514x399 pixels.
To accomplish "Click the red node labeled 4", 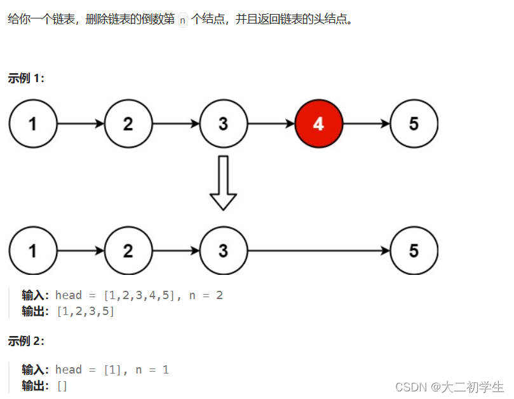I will click(319, 123).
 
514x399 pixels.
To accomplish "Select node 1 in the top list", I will click(33, 123).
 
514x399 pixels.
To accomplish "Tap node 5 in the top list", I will click(414, 123).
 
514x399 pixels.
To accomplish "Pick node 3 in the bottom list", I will click(224, 251).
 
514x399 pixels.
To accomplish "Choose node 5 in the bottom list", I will click(414, 251).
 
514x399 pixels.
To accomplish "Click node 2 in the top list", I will click(128, 123).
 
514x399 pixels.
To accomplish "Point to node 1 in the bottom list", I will click(33, 251).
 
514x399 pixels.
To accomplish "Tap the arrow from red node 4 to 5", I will click(367, 123).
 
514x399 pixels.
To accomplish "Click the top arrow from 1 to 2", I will click(81, 123).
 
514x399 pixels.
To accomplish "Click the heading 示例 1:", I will click(26, 78).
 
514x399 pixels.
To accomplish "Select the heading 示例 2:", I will click(26, 340).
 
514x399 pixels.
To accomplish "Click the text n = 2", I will click(206, 295).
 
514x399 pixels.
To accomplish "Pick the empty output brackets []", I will click(62, 386).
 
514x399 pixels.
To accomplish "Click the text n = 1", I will click(152, 370).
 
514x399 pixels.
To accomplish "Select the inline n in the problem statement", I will click(183, 20).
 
